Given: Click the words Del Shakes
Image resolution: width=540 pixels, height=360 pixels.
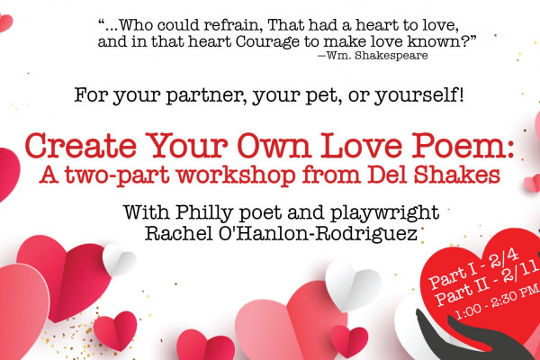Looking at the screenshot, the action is (434, 175).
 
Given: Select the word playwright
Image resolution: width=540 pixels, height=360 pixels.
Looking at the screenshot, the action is (384, 213).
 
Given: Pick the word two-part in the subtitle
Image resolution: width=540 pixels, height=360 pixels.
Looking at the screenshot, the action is (117, 175).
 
